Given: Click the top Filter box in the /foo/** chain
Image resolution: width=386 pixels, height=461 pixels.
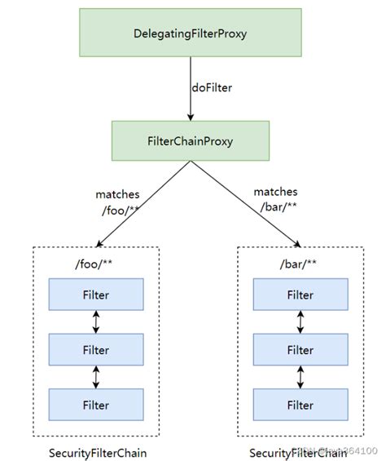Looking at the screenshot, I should [97, 295].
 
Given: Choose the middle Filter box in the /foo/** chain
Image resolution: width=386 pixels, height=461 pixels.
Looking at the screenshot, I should [97, 349].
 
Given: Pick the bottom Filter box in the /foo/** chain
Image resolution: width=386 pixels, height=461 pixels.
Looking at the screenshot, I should [97, 404].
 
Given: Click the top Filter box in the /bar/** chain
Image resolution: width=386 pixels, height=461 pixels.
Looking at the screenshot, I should [300, 295].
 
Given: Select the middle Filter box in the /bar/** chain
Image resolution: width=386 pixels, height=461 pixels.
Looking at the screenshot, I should [300, 349].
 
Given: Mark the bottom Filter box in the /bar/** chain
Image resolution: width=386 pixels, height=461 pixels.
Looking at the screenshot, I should [300, 404].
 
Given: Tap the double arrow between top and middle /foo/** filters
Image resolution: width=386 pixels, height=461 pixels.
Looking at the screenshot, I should [97, 321].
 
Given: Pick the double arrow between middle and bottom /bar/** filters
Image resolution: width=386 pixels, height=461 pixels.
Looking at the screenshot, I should [300, 377].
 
